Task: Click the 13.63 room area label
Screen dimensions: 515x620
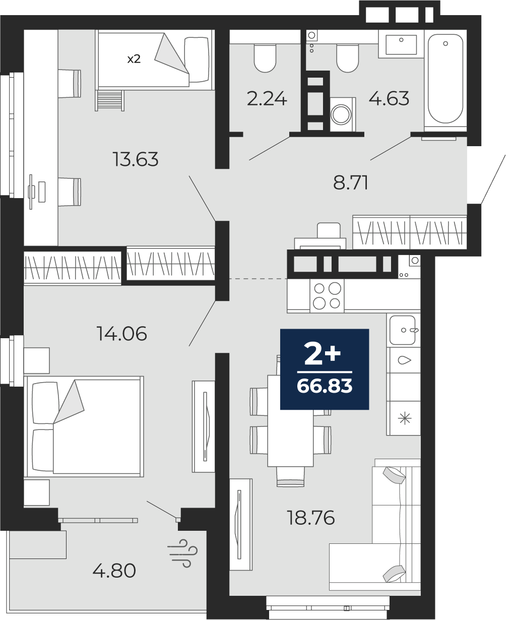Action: pos(136,159)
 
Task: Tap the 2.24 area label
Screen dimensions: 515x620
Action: pos(267,99)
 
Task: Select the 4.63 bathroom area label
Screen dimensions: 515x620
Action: pos(389,98)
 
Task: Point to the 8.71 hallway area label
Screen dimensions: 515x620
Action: pos(351,182)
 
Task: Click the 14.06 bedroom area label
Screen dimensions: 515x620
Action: pos(122,334)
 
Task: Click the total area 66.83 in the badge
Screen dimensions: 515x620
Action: pos(325,386)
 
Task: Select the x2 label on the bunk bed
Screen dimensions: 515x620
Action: pos(134,59)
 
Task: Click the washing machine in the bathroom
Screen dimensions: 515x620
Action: pos(343,114)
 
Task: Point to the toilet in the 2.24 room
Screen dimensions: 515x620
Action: pos(265,58)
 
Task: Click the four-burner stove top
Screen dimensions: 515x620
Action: pos(327,296)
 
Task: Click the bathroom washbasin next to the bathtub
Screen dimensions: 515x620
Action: pos(401,44)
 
